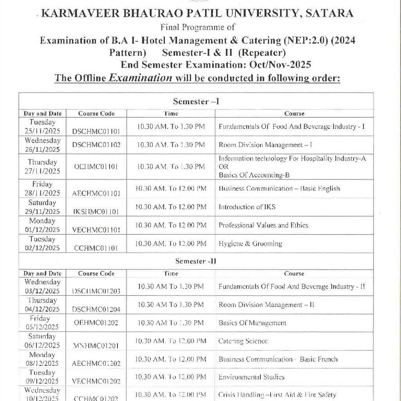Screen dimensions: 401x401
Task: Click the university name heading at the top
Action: [197, 14]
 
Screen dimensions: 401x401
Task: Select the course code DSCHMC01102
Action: [96, 145]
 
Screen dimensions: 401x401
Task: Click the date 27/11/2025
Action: [42, 171]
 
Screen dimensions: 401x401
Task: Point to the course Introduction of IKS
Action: [247, 207]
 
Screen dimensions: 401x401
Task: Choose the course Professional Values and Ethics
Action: [263, 225]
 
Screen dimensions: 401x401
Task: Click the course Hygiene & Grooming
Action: [250, 244]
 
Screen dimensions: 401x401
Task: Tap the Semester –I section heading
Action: [196, 102]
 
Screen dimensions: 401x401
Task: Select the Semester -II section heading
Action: [196, 261]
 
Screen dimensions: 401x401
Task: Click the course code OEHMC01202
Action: [96, 323]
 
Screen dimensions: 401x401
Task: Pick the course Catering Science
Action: [243, 341]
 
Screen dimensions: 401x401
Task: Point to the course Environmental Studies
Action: [251, 377]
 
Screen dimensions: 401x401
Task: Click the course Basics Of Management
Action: [252, 323]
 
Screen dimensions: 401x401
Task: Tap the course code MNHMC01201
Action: [96, 346]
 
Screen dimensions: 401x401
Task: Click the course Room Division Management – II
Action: [266, 305]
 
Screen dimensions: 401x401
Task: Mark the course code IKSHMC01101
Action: [96, 212]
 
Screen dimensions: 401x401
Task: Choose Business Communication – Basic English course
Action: [279, 188]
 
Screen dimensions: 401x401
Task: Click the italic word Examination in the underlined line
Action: [140, 78]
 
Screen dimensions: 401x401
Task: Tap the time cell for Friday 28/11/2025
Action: [171, 188]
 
